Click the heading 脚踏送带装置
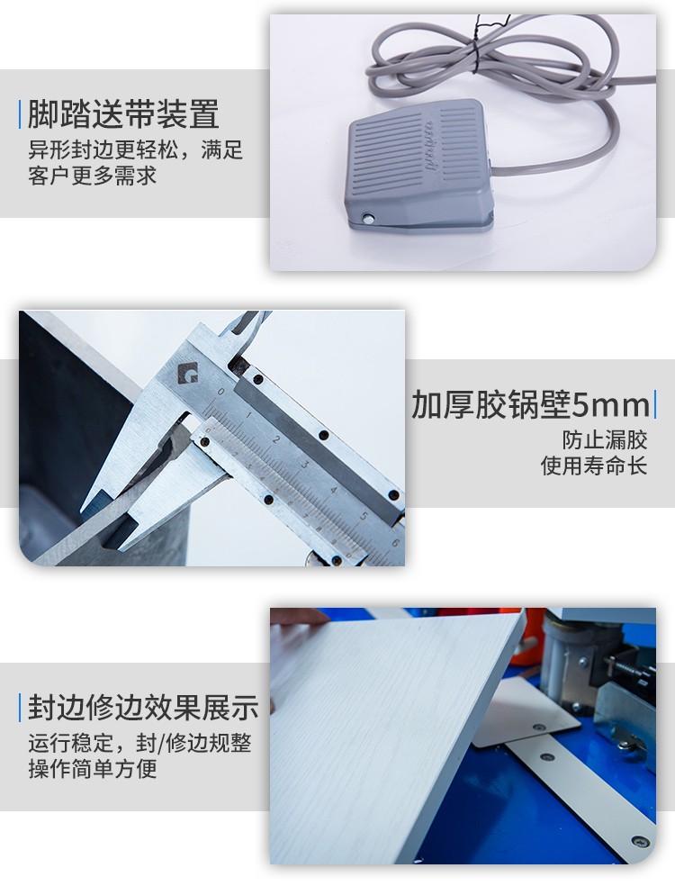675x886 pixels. (123, 113)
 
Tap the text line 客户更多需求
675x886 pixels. (92, 176)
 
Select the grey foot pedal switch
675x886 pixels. (418, 165)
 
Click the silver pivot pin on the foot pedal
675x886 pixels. (369, 218)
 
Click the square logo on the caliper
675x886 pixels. (187, 374)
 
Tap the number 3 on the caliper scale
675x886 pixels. (304, 465)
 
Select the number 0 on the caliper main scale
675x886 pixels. (220, 391)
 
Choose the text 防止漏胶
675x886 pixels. (605, 439)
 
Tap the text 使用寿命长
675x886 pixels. (594, 466)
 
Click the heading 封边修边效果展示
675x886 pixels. (143, 708)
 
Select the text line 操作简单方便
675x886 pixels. (93, 768)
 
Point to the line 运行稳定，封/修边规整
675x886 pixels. (139, 743)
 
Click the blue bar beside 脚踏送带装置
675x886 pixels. (21, 113)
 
